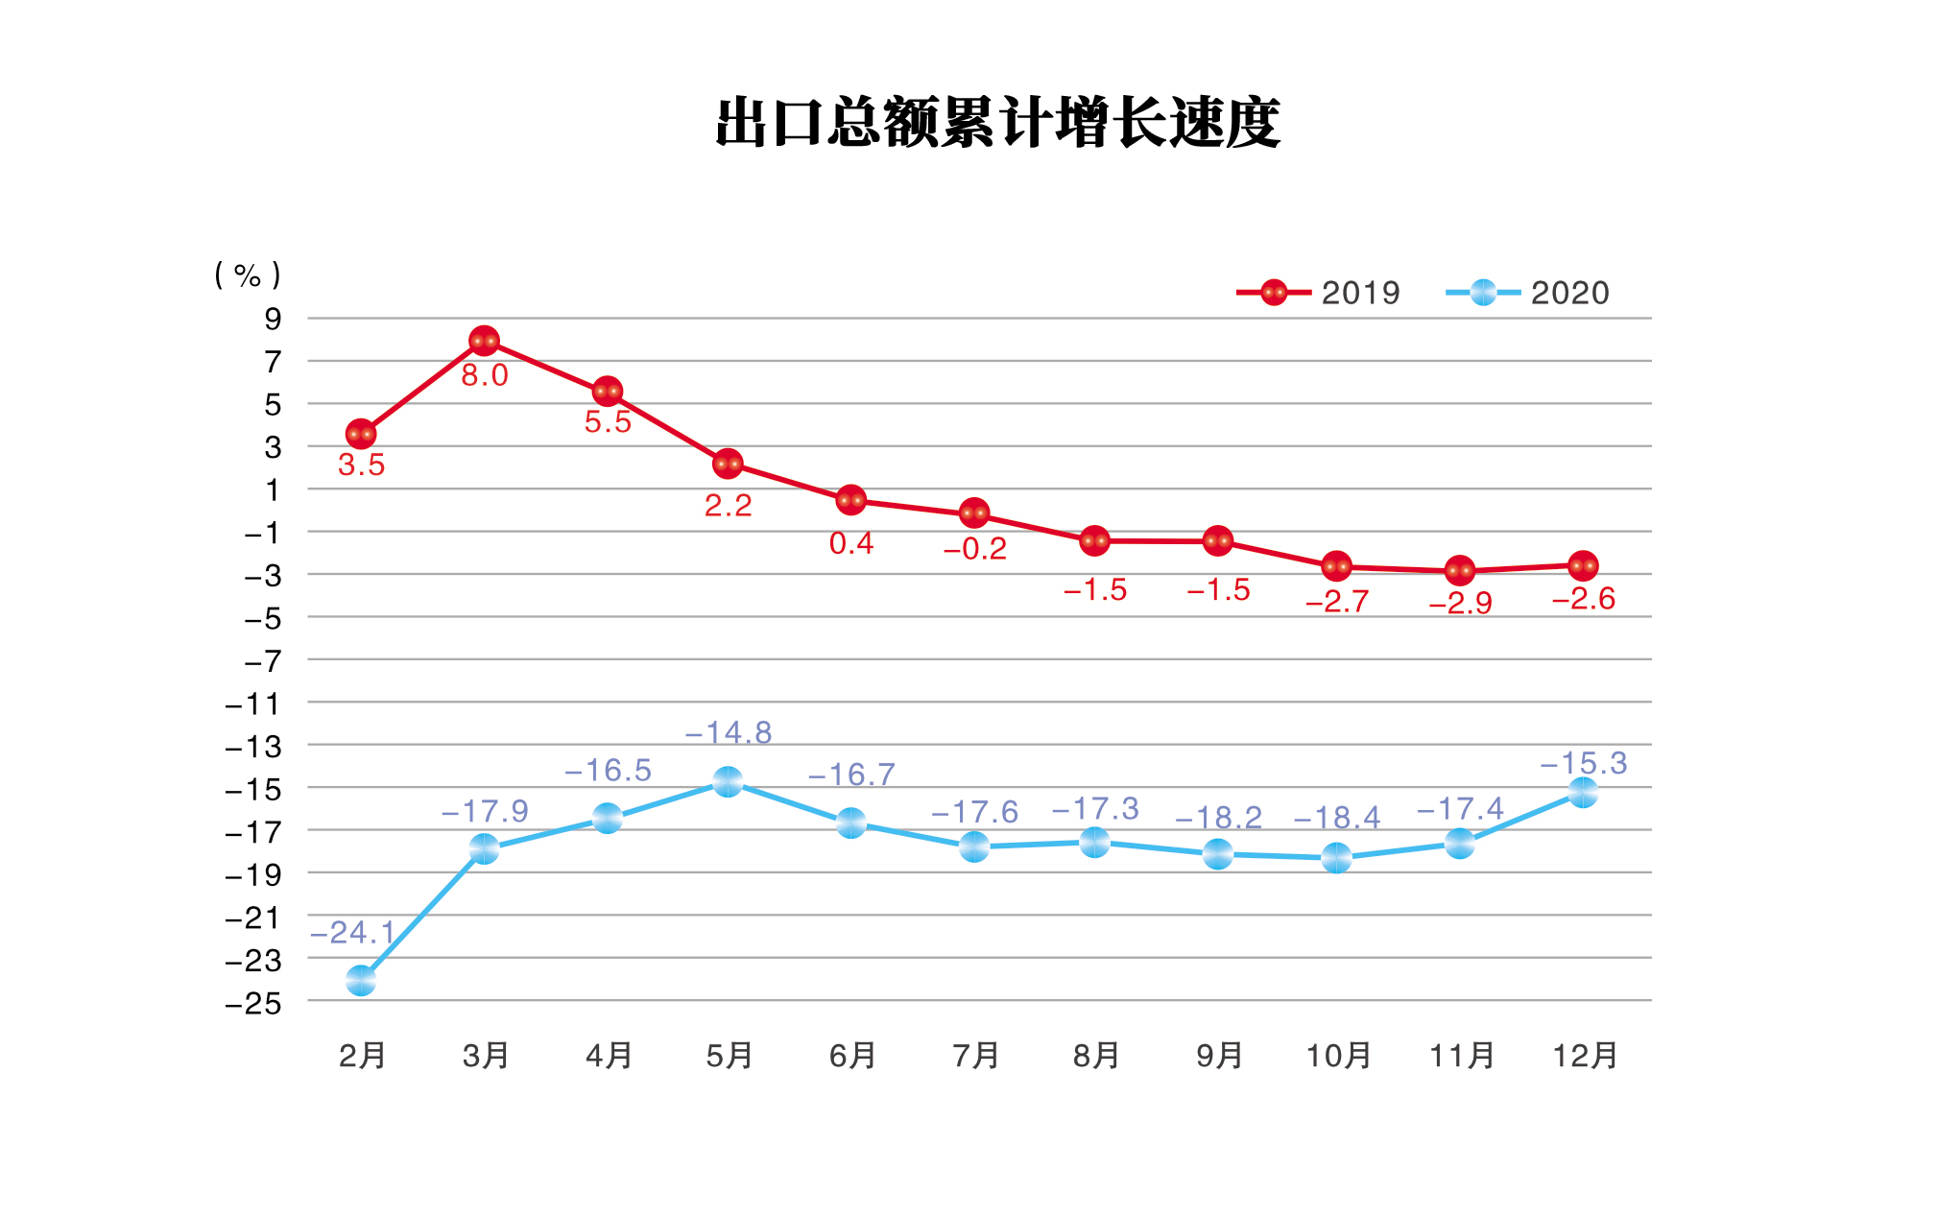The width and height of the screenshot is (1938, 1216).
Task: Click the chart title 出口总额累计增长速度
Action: tap(998, 123)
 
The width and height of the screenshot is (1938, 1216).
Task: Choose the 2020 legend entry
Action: tap(1527, 293)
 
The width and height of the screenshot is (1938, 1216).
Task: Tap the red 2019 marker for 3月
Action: tap(484, 341)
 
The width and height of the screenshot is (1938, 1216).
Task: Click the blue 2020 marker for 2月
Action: tap(361, 981)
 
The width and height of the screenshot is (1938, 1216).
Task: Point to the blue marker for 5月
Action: tap(728, 782)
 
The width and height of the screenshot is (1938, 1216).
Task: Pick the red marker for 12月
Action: tap(1583, 565)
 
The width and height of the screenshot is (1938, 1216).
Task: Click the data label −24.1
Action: tap(353, 932)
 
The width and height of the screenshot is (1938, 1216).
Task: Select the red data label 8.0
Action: tap(484, 375)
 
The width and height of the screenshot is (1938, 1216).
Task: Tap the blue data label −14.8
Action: tap(728, 733)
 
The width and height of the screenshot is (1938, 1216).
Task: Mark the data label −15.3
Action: tap(1584, 764)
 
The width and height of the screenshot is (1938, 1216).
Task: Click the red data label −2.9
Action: tap(1460, 604)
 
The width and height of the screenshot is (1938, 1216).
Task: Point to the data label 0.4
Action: tap(850, 544)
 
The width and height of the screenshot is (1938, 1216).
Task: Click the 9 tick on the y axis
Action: tap(274, 319)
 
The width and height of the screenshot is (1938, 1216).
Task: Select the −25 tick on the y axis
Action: tap(254, 1004)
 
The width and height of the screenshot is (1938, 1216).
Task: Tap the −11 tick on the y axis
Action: tap(254, 705)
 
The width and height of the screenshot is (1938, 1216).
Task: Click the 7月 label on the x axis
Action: tap(975, 1056)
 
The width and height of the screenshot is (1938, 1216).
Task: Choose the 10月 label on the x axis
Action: tap(1338, 1056)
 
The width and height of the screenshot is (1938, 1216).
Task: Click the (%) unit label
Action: tap(248, 275)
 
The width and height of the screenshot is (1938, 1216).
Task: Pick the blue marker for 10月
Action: tap(1337, 857)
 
